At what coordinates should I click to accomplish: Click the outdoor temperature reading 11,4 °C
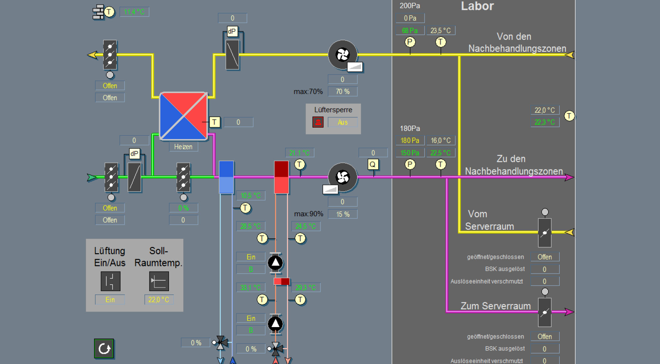coord(134,12)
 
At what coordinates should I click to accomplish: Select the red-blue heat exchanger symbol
coord(183,116)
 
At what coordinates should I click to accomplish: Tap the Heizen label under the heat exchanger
coord(183,147)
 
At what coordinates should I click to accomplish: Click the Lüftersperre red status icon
coord(318,122)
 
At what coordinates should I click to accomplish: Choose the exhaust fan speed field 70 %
coord(343,92)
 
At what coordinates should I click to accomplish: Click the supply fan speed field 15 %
coord(343,214)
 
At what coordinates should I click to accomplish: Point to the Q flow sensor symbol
coord(373,165)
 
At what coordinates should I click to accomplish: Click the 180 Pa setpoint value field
coord(410,140)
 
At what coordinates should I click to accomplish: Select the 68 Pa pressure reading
coord(410,31)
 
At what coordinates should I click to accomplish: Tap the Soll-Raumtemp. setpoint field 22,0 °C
coord(159,300)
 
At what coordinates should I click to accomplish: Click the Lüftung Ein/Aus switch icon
coord(110,281)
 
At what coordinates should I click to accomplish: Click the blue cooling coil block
coord(226,177)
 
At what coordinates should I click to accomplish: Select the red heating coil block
coord(281,177)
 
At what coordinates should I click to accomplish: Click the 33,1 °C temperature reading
coord(250,288)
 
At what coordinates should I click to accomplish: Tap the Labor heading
coord(477,6)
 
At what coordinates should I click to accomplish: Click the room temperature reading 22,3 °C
coord(544,122)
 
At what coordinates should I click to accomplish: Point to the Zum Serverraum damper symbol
coord(544,312)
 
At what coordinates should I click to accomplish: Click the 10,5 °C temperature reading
coord(250,196)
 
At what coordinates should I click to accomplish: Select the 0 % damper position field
coord(183,208)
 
